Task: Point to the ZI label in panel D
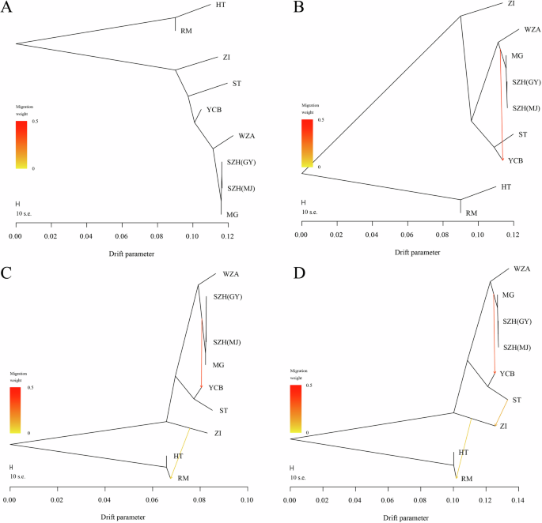pyautogui.click(x=507, y=426)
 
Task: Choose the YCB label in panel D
pyautogui.click(x=509, y=373)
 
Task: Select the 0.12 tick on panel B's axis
pyautogui.click(x=512, y=235)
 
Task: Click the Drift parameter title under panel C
pyautogui.click(x=129, y=517)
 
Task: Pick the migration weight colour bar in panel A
pyautogui.click(x=21, y=145)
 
